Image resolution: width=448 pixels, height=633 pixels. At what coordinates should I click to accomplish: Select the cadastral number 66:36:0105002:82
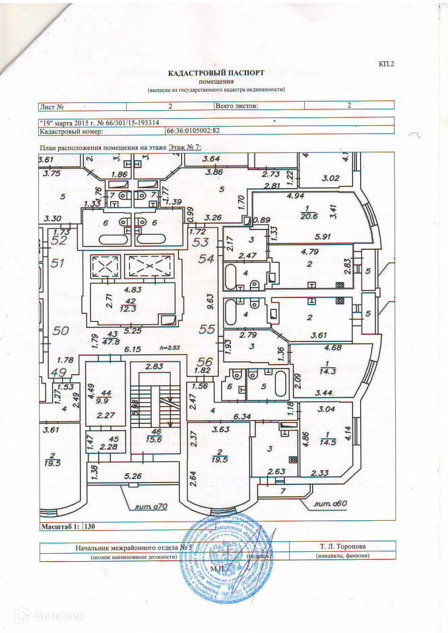click(x=197, y=131)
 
